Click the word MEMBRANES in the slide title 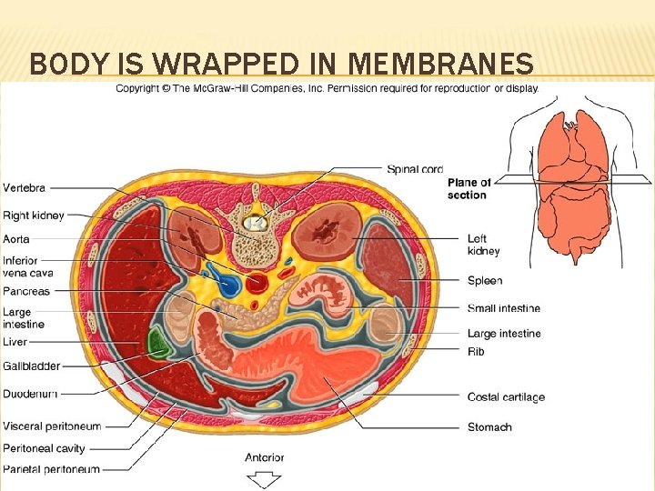click(441, 64)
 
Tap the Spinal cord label click(415, 168)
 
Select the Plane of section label click(469, 188)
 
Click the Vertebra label click(24, 187)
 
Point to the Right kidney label click(33, 216)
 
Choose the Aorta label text click(16, 239)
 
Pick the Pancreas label click(25, 292)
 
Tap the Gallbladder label click(31, 366)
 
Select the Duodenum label click(30, 394)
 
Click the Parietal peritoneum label click(51, 469)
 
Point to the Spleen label click(484, 281)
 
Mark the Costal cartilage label click(506, 397)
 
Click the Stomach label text click(489, 426)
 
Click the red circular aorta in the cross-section click(257, 281)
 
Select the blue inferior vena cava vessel click(227, 284)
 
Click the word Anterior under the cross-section click(264, 457)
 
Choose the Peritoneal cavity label click(44, 447)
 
